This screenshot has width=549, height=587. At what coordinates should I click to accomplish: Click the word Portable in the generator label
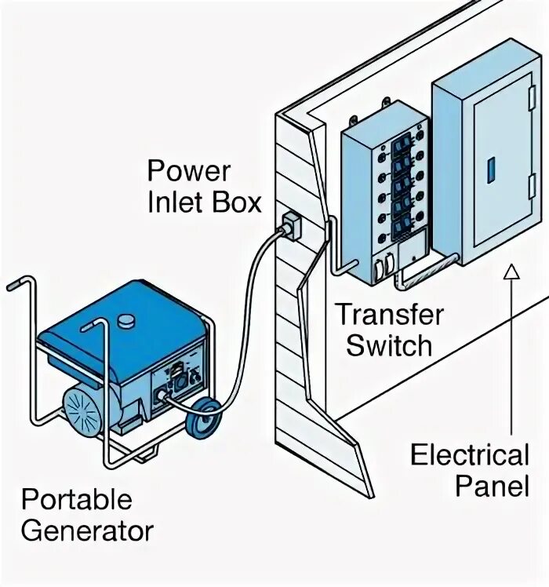pyautogui.click(x=76, y=500)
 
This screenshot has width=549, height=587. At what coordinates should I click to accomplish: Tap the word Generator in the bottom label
pyautogui.click(x=87, y=530)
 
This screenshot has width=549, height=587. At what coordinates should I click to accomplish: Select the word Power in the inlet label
pyautogui.click(x=189, y=170)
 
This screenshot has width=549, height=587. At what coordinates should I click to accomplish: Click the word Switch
pyautogui.click(x=389, y=345)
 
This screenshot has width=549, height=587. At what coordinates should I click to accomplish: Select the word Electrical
pyautogui.click(x=470, y=454)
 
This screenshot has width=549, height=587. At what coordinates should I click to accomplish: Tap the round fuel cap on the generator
pyautogui.click(x=125, y=320)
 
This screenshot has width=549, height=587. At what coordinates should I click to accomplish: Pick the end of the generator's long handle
pyautogui.click(x=11, y=286)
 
